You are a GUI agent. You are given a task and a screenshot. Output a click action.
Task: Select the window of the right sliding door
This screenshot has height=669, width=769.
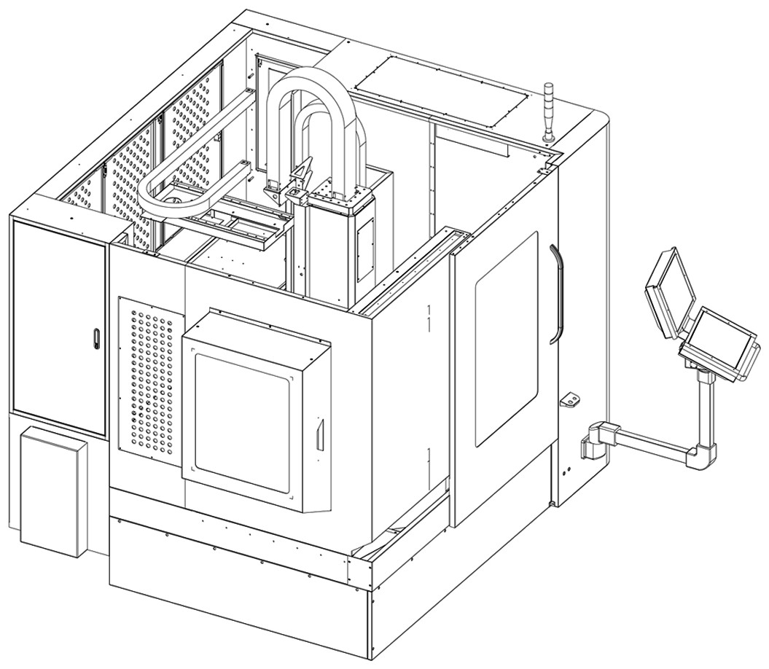point(507,338)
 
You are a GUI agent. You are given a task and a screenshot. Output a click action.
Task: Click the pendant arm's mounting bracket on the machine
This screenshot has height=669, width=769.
point(593,439)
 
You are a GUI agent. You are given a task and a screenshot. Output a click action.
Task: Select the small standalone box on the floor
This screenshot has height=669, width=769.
point(53,490)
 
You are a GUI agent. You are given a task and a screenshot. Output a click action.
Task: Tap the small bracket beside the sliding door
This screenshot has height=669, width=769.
point(569,399)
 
